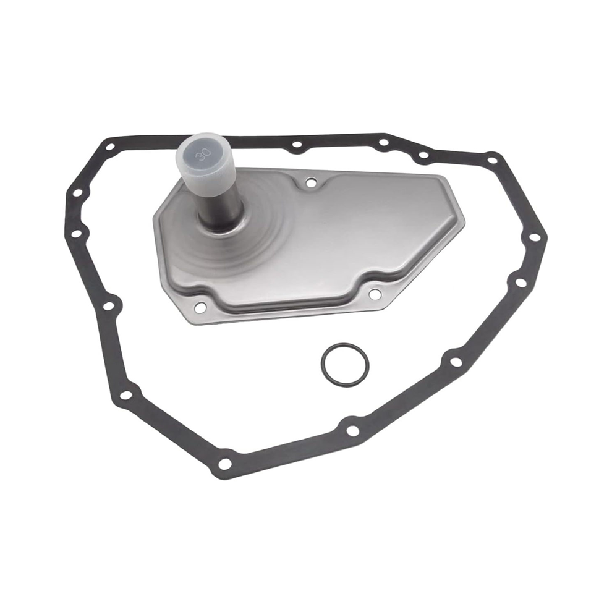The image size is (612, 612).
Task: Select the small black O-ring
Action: [x=344, y=365]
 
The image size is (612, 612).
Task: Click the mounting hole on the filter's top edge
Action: [x=311, y=182]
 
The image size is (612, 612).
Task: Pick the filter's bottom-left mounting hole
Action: [x=200, y=308]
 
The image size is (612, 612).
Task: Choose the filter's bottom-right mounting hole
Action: [x=374, y=294]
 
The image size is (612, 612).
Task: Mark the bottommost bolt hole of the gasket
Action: [x=224, y=464]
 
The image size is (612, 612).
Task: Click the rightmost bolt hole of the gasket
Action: [x=534, y=237]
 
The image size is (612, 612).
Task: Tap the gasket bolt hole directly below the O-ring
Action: [x=352, y=431]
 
